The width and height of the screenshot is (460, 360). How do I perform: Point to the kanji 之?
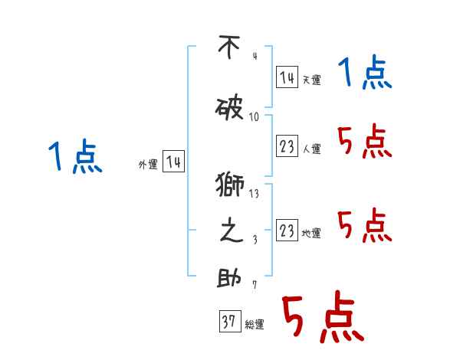(230, 231)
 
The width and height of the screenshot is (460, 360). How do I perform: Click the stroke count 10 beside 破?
(255, 117)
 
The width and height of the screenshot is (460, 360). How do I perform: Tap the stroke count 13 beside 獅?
(254, 194)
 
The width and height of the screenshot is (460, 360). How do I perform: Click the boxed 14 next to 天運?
(287, 78)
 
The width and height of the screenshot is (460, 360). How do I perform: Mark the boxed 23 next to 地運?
(287, 231)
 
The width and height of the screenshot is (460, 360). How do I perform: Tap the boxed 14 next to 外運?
(174, 162)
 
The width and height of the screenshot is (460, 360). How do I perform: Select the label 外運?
(147, 165)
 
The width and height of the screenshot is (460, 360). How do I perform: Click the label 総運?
(255, 325)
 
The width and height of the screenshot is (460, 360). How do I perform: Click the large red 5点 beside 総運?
(322, 318)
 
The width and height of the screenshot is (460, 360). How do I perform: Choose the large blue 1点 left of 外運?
(74, 158)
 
